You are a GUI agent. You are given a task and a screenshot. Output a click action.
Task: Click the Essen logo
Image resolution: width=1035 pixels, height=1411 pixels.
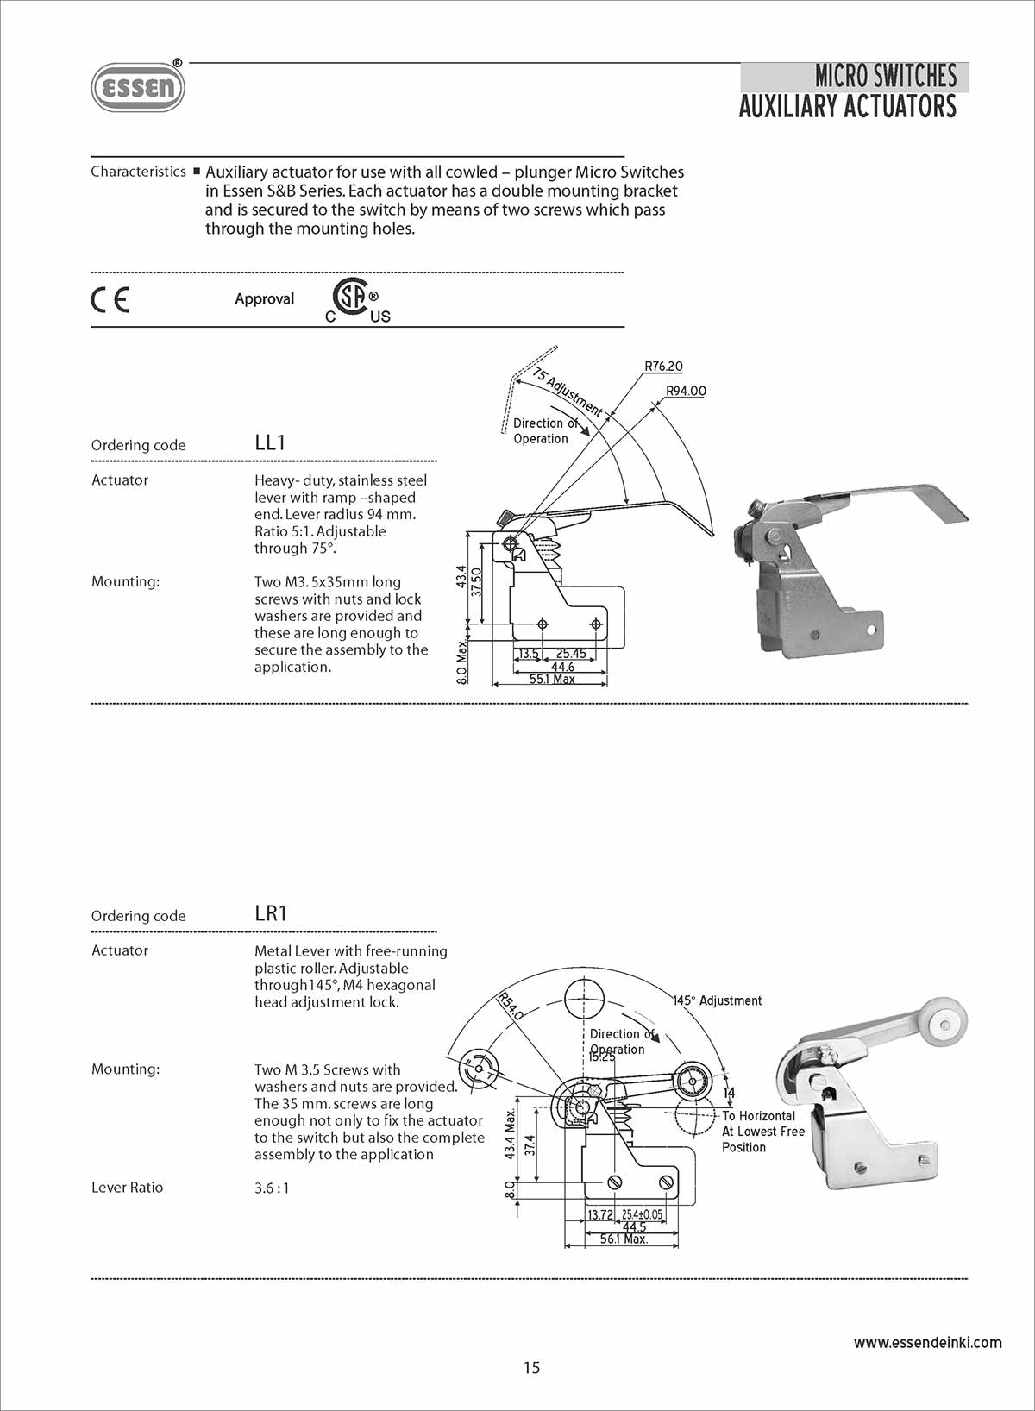click(x=138, y=87)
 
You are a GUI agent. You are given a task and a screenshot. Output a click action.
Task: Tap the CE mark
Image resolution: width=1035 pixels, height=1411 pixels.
click(x=110, y=299)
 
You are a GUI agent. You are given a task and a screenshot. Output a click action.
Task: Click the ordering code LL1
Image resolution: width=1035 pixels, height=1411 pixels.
click(x=270, y=443)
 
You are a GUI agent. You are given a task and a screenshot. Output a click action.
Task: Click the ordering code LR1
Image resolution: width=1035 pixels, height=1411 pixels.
click(x=271, y=913)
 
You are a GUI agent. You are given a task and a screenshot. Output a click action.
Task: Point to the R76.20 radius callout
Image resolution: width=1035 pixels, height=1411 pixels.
click(x=663, y=367)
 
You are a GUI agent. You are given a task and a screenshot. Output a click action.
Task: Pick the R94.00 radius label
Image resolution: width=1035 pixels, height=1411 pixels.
click(x=686, y=392)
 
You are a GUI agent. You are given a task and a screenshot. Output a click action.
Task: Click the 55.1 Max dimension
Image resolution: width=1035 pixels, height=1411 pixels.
click(x=552, y=680)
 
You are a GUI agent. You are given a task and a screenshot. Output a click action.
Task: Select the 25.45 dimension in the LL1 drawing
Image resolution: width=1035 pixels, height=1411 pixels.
click(x=571, y=654)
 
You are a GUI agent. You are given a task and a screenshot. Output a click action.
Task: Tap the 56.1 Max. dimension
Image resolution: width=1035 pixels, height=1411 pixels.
click(x=624, y=1239)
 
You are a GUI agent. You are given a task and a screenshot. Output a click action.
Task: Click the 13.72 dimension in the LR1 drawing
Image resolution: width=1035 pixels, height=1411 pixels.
click(x=600, y=1215)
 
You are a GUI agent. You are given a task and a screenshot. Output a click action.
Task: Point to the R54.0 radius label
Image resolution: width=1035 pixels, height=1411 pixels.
click(x=510, y=1007)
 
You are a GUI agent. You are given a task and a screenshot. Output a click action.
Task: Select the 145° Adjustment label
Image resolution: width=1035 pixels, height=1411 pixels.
click(x=718, y=1000)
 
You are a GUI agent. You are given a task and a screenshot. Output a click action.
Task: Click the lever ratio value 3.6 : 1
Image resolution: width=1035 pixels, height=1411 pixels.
click(x=272, y=1188)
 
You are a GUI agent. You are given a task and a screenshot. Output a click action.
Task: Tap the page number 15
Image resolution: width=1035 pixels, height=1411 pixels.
click(x=531, y=1367)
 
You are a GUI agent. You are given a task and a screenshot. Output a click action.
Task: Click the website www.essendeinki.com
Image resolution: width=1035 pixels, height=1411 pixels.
click(x=927, y=1342)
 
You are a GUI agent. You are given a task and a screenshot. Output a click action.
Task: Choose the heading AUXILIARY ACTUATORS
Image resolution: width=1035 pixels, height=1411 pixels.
click(x=847, y=107)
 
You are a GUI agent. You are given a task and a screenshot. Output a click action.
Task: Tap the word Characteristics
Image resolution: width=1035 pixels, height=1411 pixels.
click(x=138, y=172)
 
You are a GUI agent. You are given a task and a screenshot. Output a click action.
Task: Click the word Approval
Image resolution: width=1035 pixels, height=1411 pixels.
click(x=264, y=299)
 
